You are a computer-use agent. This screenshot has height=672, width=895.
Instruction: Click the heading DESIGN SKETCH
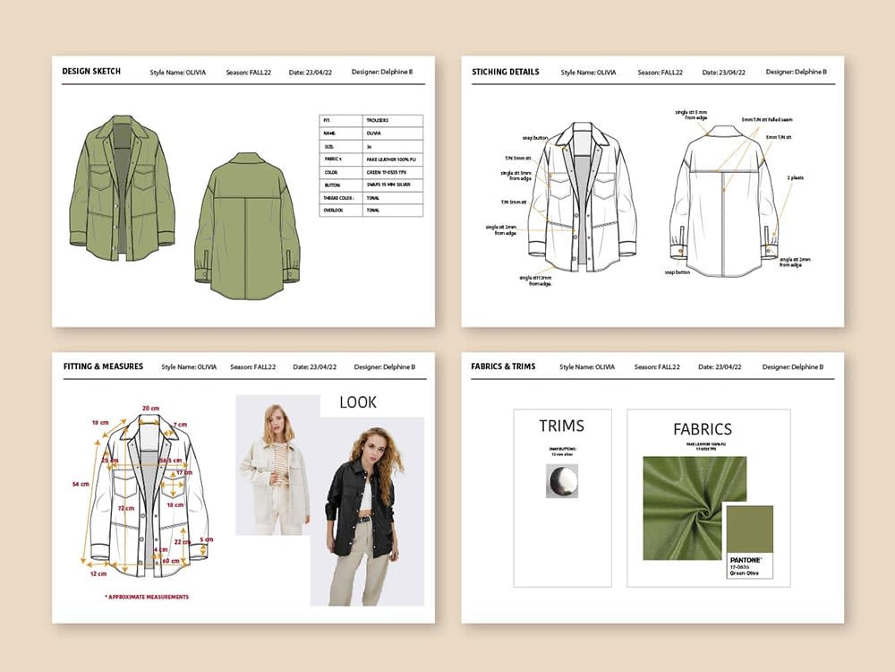coord(91,71)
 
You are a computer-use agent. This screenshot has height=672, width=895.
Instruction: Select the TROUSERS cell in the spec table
coord(377,119)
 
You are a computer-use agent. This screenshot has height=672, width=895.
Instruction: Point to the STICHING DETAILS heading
coord(506,72)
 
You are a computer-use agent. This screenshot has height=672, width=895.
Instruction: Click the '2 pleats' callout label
coord(796,177)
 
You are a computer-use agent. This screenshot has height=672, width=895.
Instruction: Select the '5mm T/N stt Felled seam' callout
coord(767,119)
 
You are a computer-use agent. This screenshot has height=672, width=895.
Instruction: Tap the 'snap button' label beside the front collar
coord(534,138)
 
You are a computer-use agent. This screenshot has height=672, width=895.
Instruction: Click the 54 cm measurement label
coord(81,484)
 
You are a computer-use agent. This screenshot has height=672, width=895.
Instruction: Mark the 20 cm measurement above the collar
coord(149,408)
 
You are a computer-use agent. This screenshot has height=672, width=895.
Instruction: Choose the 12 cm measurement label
coord(98,573)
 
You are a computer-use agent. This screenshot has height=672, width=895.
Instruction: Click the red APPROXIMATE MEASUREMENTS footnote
coord(147,597)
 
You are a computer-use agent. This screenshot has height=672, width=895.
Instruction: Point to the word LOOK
coord(358,402)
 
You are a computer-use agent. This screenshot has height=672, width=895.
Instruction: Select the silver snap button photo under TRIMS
coord(562,481)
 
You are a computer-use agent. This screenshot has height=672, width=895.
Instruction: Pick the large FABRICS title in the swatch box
coord(703,429)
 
